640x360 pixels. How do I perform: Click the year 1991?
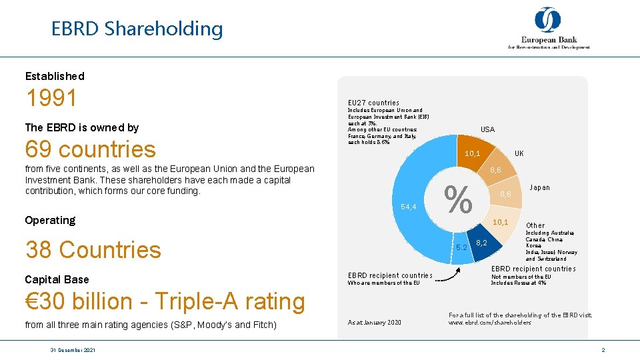pos(51,99)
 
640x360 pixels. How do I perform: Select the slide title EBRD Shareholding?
pos(137,29)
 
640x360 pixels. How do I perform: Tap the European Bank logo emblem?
pos(547,19)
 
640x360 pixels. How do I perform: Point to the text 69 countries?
pos(90,149)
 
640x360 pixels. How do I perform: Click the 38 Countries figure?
pos(93,250)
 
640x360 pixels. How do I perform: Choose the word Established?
pos(55,76)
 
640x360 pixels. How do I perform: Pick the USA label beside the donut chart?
pos(488,129)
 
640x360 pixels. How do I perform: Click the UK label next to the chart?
pos(519,153)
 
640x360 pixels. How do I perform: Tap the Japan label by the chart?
pos(539,187)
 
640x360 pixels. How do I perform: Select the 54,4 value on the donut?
pos(409,207)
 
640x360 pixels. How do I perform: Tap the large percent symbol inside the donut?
pos(458,199)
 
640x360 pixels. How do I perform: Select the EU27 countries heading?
pos(373,103)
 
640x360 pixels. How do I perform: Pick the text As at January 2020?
pos(375,322)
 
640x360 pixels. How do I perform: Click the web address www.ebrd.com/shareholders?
pos(489,323)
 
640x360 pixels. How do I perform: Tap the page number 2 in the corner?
pos(603,350)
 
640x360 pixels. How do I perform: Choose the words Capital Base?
pos(57,279)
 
